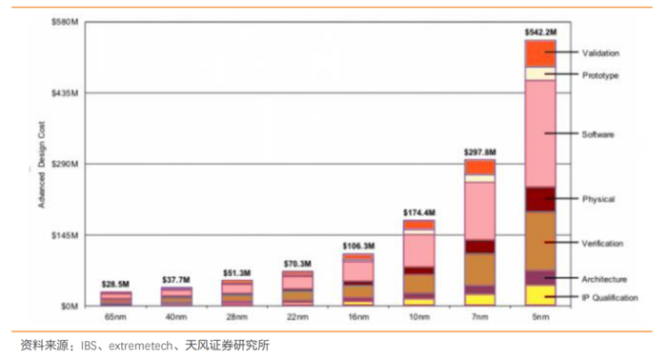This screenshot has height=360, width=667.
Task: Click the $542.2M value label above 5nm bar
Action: coord(540,32)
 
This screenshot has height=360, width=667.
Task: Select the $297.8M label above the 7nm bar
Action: coord(480,152)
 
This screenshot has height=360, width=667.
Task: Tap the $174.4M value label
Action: coord(419,211)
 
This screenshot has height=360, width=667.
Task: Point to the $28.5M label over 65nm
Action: coord(115,285)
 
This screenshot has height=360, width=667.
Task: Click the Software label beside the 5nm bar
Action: coord(598,134)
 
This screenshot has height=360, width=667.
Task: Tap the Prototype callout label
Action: coord(600,75)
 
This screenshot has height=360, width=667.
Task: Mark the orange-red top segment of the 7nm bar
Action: coord(480,167)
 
